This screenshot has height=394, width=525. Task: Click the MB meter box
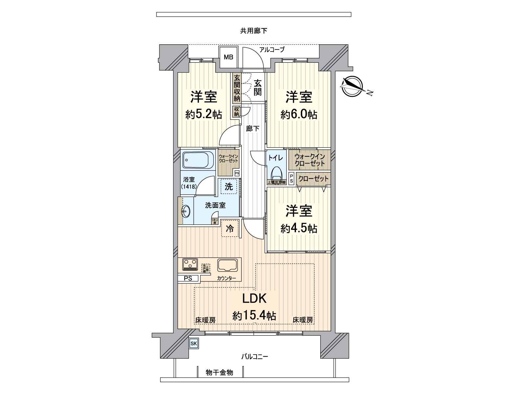229,57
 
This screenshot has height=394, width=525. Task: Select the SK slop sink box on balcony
193,343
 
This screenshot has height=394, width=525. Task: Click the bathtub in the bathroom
198,160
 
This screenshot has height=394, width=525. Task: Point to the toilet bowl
277,175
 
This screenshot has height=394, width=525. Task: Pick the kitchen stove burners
190,264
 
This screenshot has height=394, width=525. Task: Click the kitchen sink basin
228,265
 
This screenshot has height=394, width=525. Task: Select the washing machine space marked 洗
229,186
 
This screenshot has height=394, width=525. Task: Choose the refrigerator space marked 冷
230,228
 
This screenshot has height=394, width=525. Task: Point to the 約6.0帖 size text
299,115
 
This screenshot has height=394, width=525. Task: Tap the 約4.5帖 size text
299,228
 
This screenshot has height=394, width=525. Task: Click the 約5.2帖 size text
204,115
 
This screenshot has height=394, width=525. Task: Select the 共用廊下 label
254,31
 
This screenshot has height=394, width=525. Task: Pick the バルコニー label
255,357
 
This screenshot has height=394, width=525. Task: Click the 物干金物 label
220,372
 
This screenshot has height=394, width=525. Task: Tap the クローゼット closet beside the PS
313,179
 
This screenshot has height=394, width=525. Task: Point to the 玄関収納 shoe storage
237,88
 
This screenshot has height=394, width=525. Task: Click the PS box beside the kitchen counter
188,278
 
